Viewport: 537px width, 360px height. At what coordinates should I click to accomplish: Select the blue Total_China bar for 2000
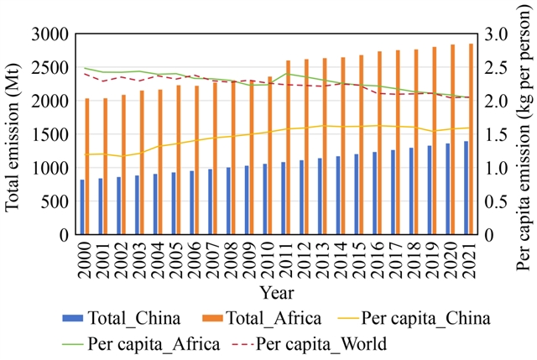click(x=82, y=207)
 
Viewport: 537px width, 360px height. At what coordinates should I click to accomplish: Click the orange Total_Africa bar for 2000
click(x=87, y=167)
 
